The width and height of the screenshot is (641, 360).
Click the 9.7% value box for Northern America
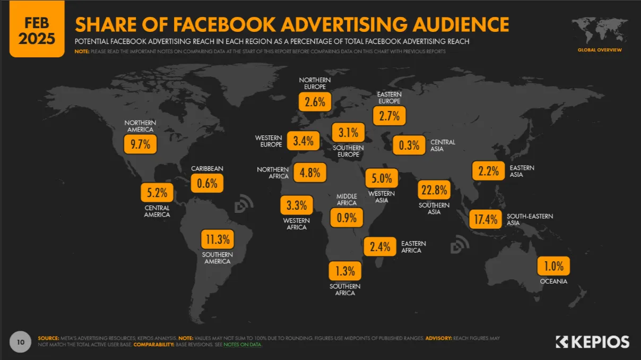pyautogui.click(x=141, y=143)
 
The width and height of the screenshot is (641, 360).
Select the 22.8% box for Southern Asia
pyautogui.click(x=434, y=190)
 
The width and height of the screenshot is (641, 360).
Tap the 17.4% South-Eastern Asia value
pyautogui.click(x=486, y=219)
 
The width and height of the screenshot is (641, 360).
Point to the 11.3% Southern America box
pyautogui.click(x=218, y=239)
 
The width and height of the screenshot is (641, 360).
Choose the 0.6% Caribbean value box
pyautogui.click(x=207, y=183)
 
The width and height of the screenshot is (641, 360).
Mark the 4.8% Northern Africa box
pyautogui.click(x=310, y=173)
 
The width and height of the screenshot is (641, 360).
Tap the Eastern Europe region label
pyautogui.click(x=389, y=97)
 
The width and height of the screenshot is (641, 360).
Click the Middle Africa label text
pyautogui.click(x=347, y=200)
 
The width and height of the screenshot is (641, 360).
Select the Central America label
pyautogui.click(x=157, y=211)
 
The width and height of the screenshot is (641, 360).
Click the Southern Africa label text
pyautogui.click(x=345, y=290)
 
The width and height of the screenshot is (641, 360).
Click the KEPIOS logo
pyautogui.click(x=592, y=341)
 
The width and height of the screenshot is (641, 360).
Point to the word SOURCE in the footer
pyautogui.click(x=48, y=338)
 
